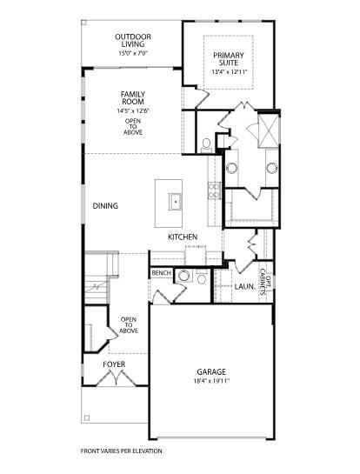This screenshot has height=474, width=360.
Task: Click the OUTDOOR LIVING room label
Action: (x=134, y=41)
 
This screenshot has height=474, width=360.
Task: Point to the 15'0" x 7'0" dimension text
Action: (x=134, y=54)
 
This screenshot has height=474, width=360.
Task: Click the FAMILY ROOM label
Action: (x=133, y=97)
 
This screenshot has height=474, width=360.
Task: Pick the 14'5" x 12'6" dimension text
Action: (x=133, y=110)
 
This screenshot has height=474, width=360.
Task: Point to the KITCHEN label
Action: (x=183, y=237)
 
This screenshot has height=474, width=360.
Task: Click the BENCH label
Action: (x=161, y=273)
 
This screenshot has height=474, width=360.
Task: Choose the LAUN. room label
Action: (x=244, y=285)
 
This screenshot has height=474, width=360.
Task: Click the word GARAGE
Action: (x=210, y=370)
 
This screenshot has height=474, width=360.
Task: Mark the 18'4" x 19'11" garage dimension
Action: (x=210, y=381)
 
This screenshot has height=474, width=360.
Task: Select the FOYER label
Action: (x=115, y=364)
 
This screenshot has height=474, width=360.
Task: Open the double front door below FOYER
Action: (x=115, y=378)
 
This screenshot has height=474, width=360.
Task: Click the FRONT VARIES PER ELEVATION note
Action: (x=121, y=451)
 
